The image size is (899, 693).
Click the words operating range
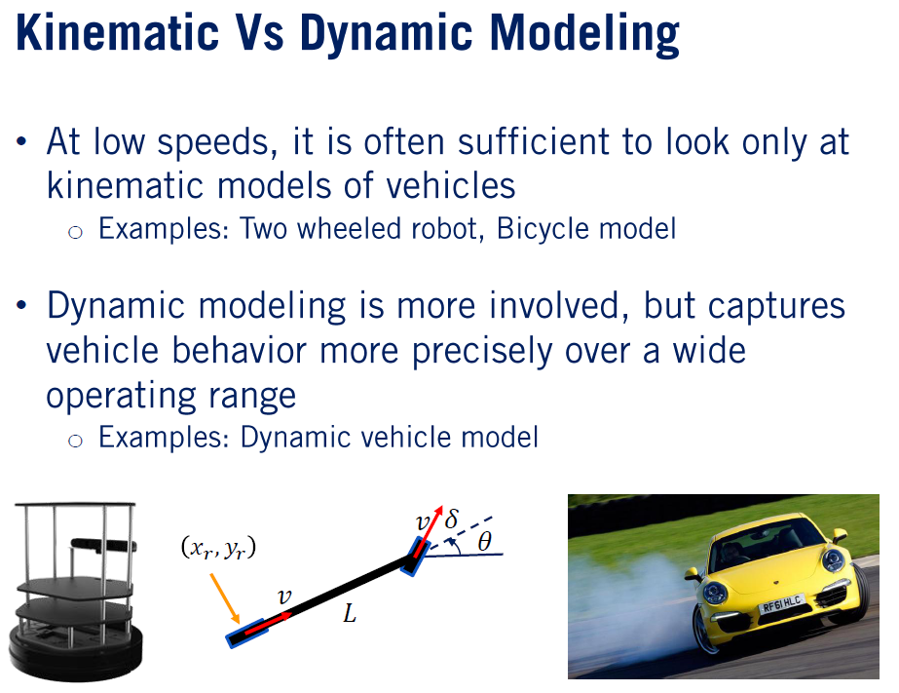170,395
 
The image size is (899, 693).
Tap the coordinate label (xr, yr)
218,549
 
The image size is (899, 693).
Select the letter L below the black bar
349,615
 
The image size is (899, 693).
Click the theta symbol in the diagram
484,542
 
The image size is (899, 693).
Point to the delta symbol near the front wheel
451,520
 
